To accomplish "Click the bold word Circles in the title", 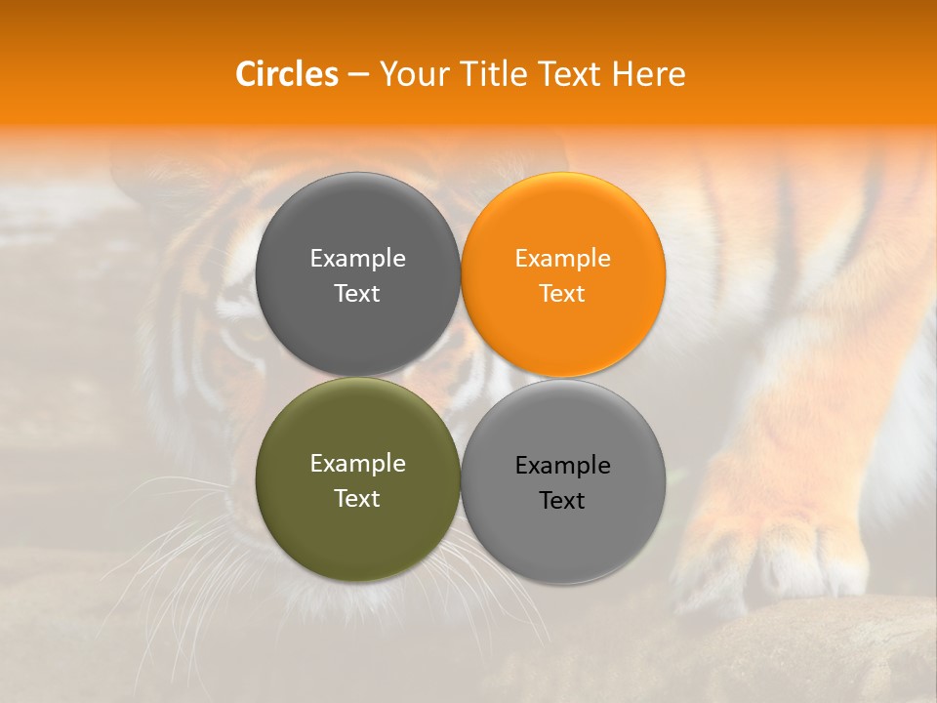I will tap(286, 74).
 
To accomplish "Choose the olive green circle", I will tap(357, 527).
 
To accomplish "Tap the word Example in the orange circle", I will tap(562, 259).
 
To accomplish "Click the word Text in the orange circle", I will tap(562, 294).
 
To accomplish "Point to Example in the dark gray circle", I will tap(357, 259).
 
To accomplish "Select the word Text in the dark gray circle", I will tap(357, 294).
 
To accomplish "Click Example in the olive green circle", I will tap(357, 464).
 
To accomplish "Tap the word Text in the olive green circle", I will tap(357, 499).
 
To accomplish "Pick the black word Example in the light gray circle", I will tap(562, 466).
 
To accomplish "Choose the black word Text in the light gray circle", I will tap(562, 501).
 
